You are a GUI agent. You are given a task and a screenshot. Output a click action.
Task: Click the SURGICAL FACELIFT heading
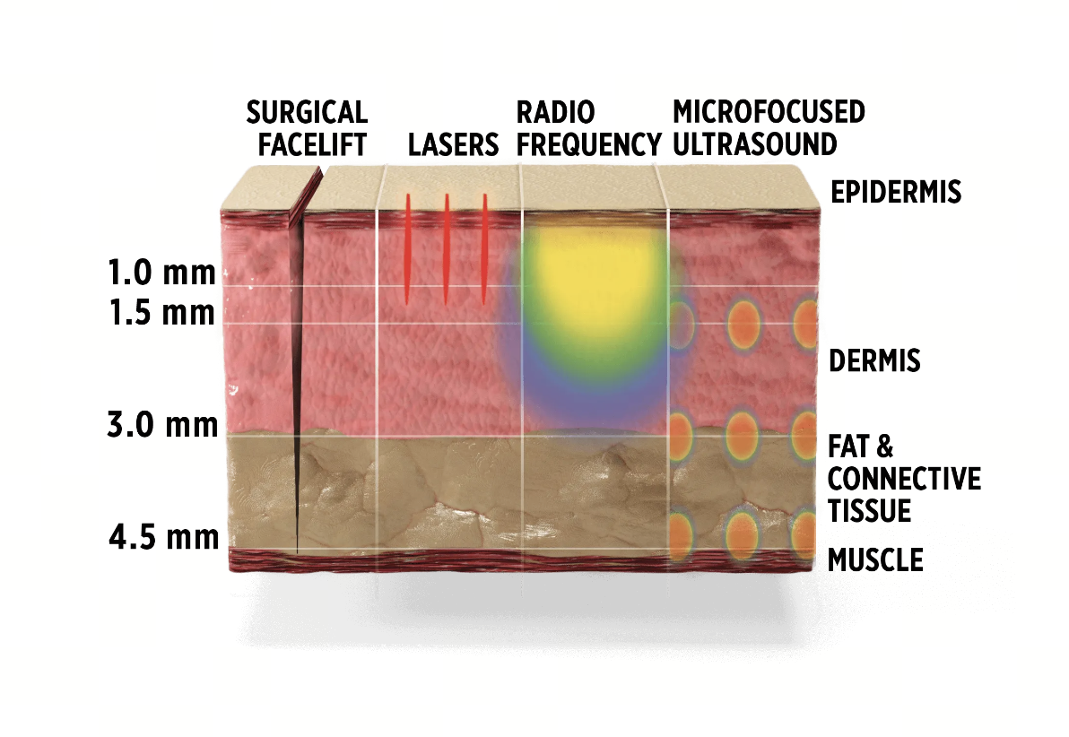click(x=308, y=127)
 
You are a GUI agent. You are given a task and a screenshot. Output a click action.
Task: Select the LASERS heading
click(x=453, y=144)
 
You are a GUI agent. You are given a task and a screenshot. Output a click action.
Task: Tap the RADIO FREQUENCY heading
click(x=587, y=127)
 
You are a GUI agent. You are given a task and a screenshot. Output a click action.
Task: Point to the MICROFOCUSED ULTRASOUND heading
click(x=769, y=127)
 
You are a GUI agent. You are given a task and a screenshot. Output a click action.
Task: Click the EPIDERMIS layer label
click(x=895, y=192)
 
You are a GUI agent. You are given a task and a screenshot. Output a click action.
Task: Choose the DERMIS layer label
click(x=874, y=361)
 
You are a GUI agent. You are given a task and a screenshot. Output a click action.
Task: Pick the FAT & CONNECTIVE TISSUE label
click(x=903, y=479)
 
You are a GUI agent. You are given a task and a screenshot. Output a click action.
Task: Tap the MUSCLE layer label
click(x=874, y=560)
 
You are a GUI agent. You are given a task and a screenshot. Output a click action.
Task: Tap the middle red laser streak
click(x=446, y=248)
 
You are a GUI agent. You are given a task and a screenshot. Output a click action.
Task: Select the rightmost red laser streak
click(x=484, y=248)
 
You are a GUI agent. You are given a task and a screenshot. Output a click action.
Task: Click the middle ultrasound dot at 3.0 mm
click(x=743, y=435)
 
